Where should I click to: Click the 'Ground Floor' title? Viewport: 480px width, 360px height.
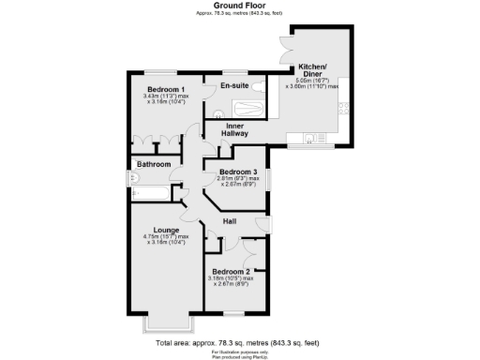tap(240, 5)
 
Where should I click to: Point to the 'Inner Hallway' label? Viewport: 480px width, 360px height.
tap(234, 129)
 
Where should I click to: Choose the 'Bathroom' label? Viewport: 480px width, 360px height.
tap(153, 164)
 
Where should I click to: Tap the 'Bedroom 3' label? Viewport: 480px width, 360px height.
tap(238, 172)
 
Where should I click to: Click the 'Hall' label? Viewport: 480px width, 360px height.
tap(230, 221)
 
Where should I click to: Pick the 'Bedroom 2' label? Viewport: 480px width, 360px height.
tap(231, 272)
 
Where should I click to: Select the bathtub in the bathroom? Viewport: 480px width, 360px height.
tap(150, 194)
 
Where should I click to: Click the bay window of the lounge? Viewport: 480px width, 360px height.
tap(157, 323)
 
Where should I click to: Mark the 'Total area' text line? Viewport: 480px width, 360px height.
tap(240, 343)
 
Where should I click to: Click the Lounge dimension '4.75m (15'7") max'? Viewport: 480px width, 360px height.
tap(165, 236)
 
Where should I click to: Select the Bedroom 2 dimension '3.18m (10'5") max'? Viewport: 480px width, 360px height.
tap(231, 278)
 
